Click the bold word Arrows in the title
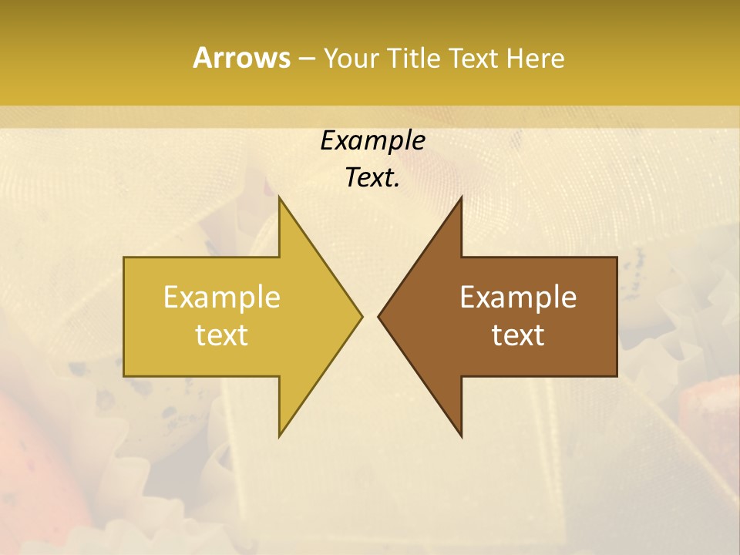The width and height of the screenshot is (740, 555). pos(240,58)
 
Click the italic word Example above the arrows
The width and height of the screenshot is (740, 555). pos(372,140)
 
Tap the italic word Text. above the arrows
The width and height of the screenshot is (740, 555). pos(372,178)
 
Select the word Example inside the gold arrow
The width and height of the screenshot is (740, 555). pos(222,298)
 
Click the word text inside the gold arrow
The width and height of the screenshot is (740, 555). pos(222,335)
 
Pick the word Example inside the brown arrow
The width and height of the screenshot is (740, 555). pos(518,298)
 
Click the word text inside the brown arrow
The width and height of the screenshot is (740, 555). pos(518,335)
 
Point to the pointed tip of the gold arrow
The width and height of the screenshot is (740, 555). pos(361,316)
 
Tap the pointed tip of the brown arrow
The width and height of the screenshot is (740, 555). pos(379,316)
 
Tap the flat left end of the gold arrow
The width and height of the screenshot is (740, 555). pos(125,316)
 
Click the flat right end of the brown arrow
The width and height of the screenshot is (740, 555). pos(616,316)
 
